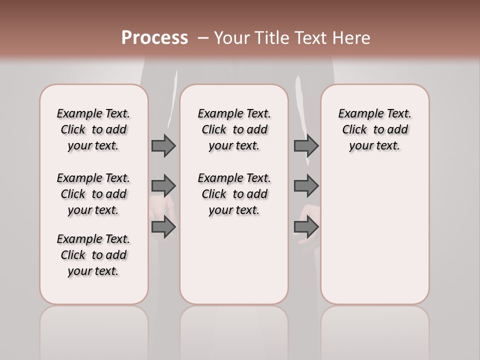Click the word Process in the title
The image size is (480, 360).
click(x=154, y=37)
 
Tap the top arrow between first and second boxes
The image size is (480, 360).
click(x=163, y=146)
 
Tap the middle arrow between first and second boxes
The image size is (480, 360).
click(x=163, y=186)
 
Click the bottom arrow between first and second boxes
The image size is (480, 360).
click(x=163, y=227)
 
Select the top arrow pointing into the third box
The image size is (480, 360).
click(x=306, y=146)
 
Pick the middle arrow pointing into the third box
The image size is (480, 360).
click(x=306, y=186)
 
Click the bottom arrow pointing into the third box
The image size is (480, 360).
click(x=306, y=227)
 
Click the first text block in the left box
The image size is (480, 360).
click(x=93, y=129)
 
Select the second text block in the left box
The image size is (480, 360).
click(x=93, y=194)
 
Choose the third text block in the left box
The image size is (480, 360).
click(x=93, y=255)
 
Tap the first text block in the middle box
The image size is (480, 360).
click(x=234, y=129)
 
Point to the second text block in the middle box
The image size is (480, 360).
click(x=234, y=194)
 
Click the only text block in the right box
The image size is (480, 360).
click(x=374, y=129)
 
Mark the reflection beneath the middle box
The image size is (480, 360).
click(x=234, y=330)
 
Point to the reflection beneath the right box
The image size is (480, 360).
click(x=374, y=330)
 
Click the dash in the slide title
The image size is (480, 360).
click(x=202, y=37)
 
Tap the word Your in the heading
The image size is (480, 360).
click(x=231, y=37)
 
